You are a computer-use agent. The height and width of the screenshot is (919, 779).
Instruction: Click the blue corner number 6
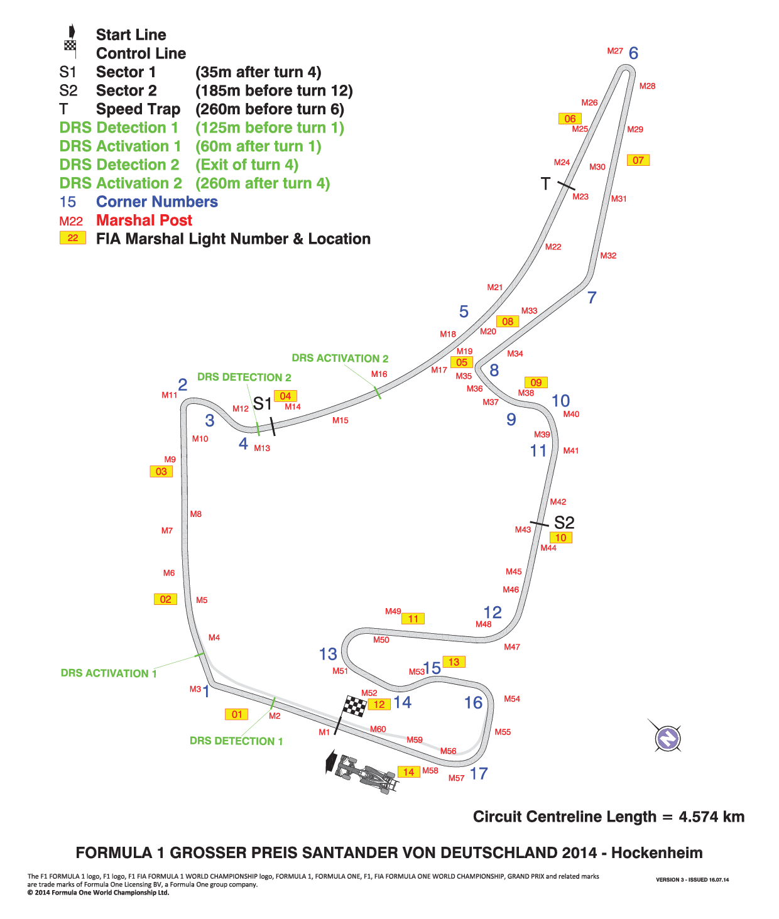(634, 53)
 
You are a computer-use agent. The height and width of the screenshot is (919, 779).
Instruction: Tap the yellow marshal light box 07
(638, 160)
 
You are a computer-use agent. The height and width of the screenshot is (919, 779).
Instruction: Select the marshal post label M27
(615, 51)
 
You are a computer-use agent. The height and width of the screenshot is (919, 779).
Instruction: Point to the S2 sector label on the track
(564, 522)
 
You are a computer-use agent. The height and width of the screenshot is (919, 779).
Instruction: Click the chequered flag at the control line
(354, 706)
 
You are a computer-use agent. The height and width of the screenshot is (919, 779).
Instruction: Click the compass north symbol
(668, 739)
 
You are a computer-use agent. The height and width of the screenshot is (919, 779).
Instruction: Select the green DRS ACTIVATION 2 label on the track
(340, 358)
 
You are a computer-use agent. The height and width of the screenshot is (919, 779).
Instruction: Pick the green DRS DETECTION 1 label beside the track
(236, 741)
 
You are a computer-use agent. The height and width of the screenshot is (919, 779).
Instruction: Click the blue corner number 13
(328, 654)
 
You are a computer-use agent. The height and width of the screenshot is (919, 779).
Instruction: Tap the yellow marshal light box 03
(161, 471)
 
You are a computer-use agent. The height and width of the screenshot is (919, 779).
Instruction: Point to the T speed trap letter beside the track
(545, 183)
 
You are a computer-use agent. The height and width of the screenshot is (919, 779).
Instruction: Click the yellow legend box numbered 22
(73, 238)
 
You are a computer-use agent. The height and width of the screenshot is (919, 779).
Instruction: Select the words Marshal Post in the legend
(144, 220)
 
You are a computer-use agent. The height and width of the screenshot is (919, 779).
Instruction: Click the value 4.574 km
(711, 817)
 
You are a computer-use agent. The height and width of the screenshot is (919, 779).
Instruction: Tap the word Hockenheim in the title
(656, 853)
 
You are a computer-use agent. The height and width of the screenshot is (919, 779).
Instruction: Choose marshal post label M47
(512, 647)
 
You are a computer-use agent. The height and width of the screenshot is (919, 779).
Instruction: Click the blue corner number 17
(479, 774)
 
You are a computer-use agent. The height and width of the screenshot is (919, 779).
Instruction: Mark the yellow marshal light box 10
(560, 538)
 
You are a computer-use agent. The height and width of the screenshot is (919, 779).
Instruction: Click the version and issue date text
(692, 879)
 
